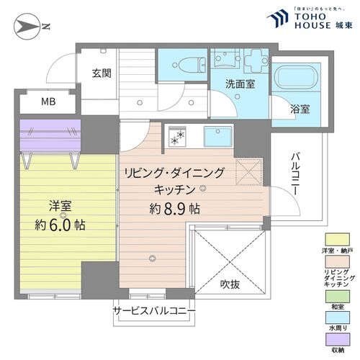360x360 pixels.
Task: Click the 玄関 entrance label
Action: [100, 73]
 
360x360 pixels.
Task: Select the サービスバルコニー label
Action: [153, 312]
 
